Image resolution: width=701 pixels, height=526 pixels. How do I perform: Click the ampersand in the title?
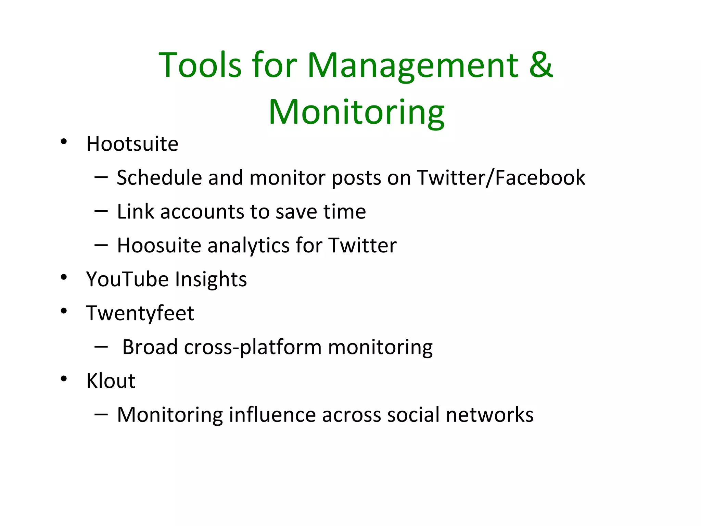click(541, 65)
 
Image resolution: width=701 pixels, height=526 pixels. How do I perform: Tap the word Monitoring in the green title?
click(356, 112)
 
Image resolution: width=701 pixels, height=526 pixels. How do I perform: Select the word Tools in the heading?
click(200, 65)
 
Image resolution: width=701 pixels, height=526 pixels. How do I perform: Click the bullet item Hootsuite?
click(132, 144)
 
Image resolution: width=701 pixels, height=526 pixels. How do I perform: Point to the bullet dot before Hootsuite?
click(64, 141)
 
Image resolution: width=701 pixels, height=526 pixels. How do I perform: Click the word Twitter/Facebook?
click(501, 178)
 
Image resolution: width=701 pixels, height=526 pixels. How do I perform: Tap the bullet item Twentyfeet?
click(140, 313)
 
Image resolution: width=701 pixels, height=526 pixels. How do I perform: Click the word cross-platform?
click(253, 347)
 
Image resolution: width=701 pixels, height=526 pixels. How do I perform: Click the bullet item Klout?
click(111, 381)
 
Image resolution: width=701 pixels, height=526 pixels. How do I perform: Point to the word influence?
click(272, 415)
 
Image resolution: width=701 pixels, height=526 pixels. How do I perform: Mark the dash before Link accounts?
click(101, 211)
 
